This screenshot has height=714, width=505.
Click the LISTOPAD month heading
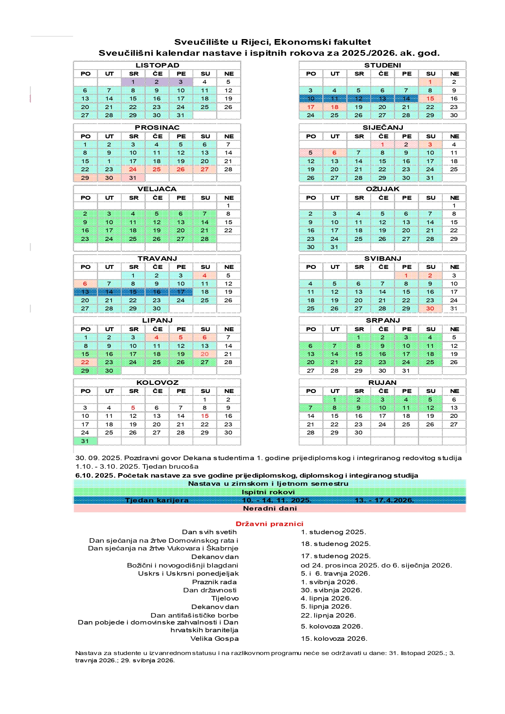(x=157, y=65)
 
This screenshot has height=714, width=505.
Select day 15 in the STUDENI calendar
(x=430, y=98)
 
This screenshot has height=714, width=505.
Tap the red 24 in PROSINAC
(x=133, y=169)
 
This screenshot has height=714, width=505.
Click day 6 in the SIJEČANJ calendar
(x=334, y=153)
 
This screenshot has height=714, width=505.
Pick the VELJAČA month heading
(x=157, y=189)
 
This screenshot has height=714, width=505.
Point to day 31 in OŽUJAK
(x=334, y=247)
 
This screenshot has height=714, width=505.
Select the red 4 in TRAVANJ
(x=205, y=275)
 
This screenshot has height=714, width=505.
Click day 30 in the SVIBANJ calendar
(x=430, y=308)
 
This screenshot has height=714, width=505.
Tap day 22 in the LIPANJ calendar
(x=85, y=362)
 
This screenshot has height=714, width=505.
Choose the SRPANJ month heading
(x=383, y=320)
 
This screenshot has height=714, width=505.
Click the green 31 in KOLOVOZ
(x=85, y=441)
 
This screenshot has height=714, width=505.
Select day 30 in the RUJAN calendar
(x=359, y=432)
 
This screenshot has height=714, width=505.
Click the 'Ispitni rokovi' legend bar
(x=269, y=492)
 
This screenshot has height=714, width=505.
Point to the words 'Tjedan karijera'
(x=157, y=500)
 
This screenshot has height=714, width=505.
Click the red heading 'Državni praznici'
(x=269, y=524)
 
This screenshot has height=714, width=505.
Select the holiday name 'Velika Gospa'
(x=214, y=638)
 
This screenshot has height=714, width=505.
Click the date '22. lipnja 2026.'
(x=328, y=615)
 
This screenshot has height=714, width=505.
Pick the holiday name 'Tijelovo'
(x=225, y=598)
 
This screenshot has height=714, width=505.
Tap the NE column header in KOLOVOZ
(x=229, y=391)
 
